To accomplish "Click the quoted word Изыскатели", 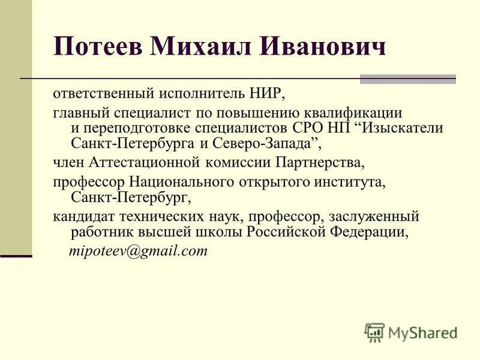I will click(401, 128).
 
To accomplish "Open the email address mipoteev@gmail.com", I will click(139, 251).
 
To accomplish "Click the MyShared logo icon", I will click(374, 332).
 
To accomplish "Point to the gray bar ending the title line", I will click(407, 79).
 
